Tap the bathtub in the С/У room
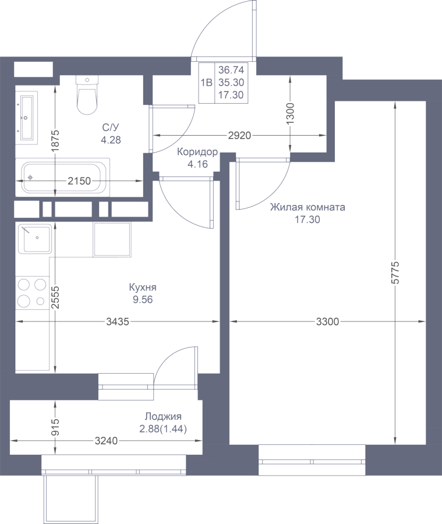coord(63,178)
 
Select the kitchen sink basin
coord(35,238)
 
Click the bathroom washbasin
coord(26,118)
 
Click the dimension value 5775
coord(395,272)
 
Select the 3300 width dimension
coord(327,321)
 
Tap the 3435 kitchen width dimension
coord(118,321)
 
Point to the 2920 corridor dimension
coord(239,135)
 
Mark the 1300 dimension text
coord(290,114)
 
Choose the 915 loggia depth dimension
coord(55,427)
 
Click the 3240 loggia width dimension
coord(107,441)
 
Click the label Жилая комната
coord(307,207)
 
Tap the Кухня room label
coord(143,287)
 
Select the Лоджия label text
coord(163,416)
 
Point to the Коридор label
coord(197,152)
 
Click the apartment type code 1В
coord(207,82)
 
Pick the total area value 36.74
coord(231,70)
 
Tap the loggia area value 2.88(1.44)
coord(163,429)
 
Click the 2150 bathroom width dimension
coord(79,181)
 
